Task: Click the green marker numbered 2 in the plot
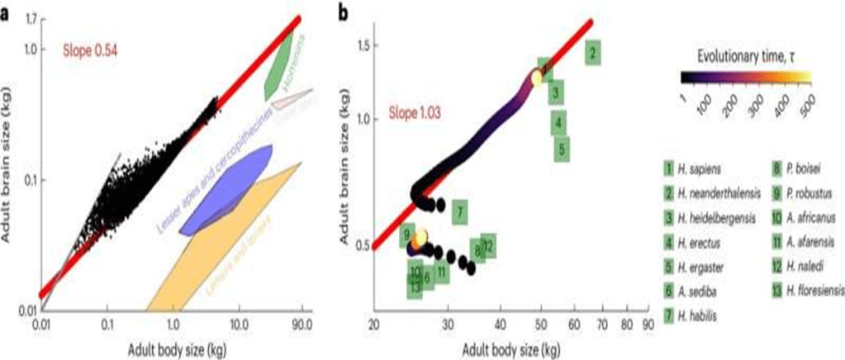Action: point(594,54)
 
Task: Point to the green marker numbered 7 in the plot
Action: point(458,211)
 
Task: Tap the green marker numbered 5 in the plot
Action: point(561,149)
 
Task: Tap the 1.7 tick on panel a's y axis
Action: point(33,17)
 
